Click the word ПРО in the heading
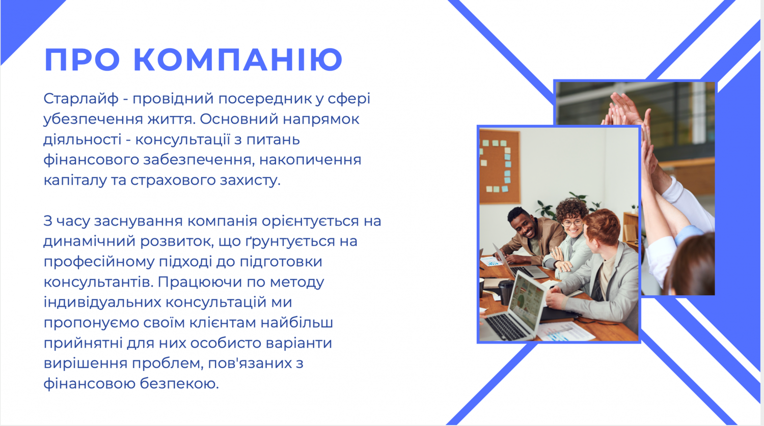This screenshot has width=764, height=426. coord(82,60)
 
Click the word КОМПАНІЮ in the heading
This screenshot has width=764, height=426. coord(238,60)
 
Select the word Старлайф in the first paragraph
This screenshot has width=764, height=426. coord(81,99)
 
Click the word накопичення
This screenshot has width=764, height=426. coord(310,160)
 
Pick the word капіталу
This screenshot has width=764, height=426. coord(75,180)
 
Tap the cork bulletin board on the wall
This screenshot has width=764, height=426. coord(500,166)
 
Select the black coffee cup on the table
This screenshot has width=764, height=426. coord(505,292)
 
